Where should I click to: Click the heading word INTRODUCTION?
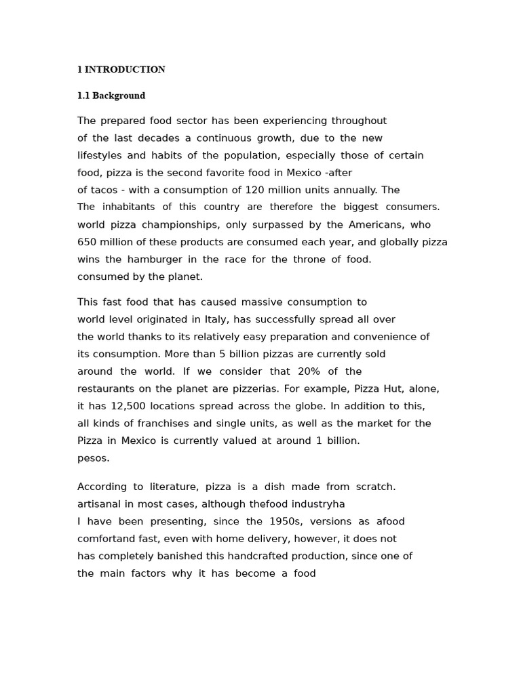[125, 70]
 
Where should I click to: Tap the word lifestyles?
[100, 155]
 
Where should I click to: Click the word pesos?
[93, 458]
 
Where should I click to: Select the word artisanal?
[98, 504]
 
